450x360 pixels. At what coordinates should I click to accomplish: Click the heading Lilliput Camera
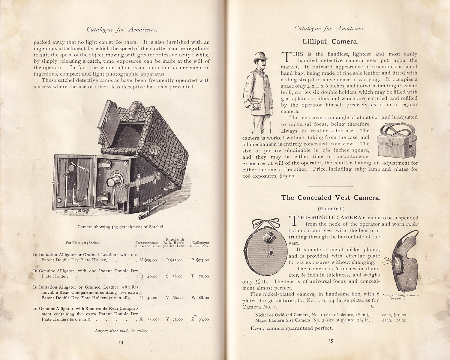pyautogui.click(x=330, y=42)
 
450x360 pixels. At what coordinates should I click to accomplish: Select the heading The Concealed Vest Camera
pyautogui.click(x=331, y=198)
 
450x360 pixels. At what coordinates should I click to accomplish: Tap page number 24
pyautogui.click(x=121, y=342)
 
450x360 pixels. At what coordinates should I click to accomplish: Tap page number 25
pyautogui.click(x=330, y=340)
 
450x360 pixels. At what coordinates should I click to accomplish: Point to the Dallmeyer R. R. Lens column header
pyautogui.click(x=201, y=244)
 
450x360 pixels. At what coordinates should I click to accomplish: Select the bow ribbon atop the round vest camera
pyautogui.click(x=265, y=223)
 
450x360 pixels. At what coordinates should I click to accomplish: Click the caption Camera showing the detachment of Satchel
pyautogui.click(x=121, y=227)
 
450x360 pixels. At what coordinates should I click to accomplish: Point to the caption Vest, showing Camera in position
pyautogui.click(x=400, y=296)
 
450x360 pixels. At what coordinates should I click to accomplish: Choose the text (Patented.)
pyautogui.click(x=330, y=208)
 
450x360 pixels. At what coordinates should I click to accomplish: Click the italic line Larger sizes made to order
pyautogui.click(x=121, y=331)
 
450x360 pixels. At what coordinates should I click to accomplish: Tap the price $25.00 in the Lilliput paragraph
pyautogui.click(x=287, y=176)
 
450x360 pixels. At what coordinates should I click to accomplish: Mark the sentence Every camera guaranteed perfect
pyautogui.click(x=292, y=328)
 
